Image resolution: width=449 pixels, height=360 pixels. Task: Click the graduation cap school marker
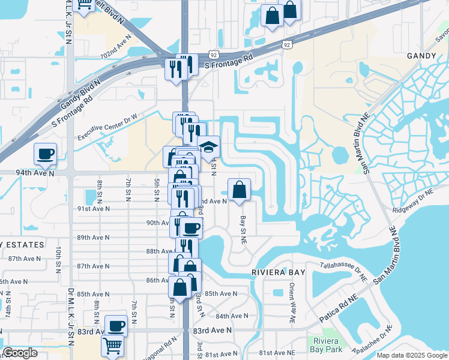click(x=208, y=148)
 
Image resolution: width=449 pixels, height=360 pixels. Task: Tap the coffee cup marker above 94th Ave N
click(x=46, y=154)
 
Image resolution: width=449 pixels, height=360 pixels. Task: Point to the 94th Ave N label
click(x=35, y=173)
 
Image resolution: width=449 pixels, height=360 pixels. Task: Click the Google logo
click(x=20, y=353)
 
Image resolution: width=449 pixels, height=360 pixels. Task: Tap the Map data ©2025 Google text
click(x=411, y=355)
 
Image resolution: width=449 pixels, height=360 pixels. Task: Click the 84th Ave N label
click(x=232, y=316)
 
